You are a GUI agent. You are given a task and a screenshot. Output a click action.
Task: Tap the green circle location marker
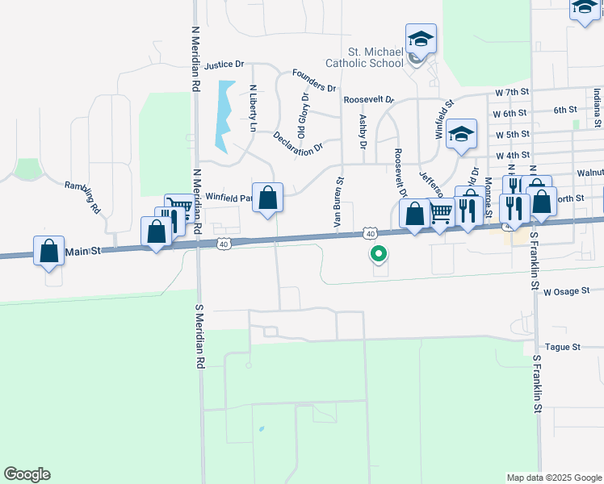point(378,255)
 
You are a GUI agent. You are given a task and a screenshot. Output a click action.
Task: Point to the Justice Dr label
point(224,65)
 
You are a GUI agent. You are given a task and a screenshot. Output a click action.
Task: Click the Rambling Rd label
point(94,196)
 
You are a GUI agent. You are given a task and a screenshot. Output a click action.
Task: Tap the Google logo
point(27,474)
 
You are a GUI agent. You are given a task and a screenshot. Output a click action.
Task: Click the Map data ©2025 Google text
point(553,478)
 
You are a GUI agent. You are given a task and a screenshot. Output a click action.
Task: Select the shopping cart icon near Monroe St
point(440,214)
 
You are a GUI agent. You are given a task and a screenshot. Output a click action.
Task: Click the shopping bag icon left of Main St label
point(49,250)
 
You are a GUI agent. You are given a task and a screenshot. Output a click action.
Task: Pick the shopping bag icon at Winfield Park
point(267,198)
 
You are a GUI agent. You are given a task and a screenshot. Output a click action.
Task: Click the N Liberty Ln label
point(252,108)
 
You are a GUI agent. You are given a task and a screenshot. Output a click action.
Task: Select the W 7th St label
point(511,93)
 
